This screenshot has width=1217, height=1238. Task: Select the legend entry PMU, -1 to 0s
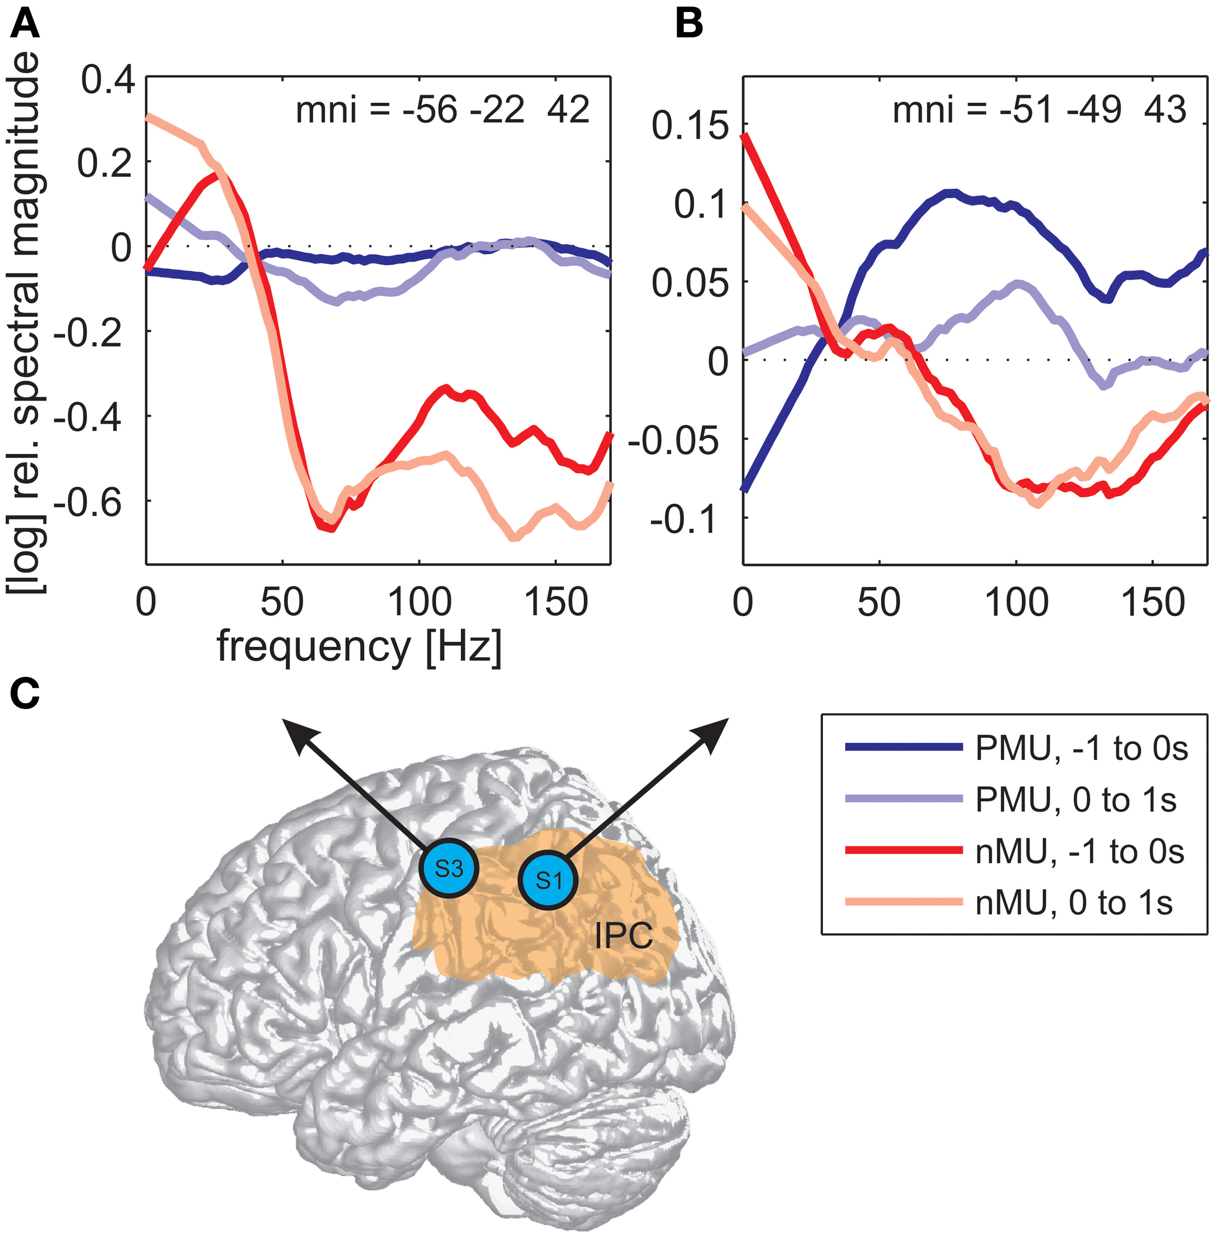pyautogui.click(x=1080, y=748)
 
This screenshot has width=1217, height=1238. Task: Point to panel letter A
pyautogui.click(x=24, y=26)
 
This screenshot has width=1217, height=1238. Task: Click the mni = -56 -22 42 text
pyautogui.click(x=442, y=110)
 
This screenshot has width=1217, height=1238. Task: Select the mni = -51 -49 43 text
pyautogui.click(x=1039, y=110)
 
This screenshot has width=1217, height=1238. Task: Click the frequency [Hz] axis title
pyautogui.click(x=359, y=647)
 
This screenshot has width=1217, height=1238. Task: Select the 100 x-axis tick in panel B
pyautogui.click(x=1016, y=602)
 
